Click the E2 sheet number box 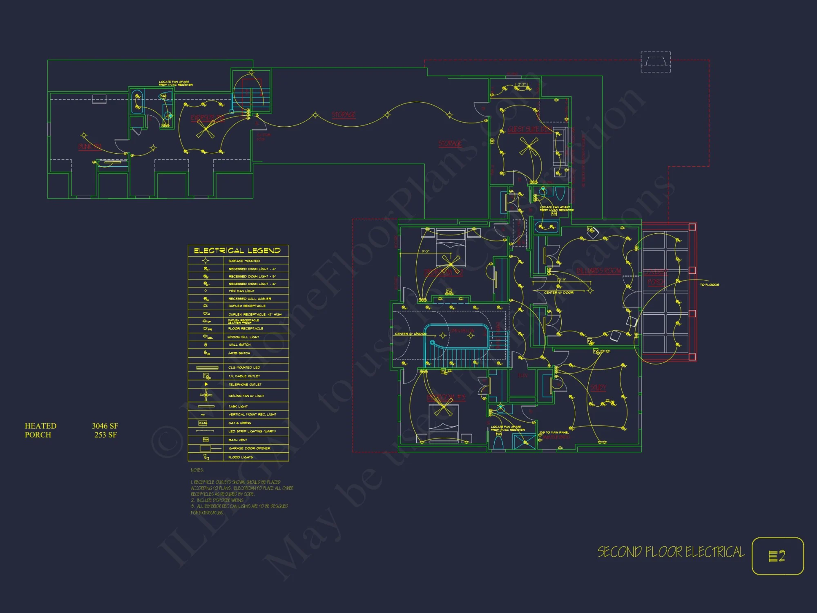pyautogui.click(x=777, y=556)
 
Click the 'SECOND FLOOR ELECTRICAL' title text pyautogui.click(x=671, y=552)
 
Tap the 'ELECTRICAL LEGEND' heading pyautogui.click(x=237, y=251)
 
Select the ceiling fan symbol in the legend pyautogui.click(x=206, y=395)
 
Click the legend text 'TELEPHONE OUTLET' pyautogui.click(x=245, y=385)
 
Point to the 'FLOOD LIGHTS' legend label pyautogui.click(x=241, y=457)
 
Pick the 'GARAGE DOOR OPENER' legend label pyautogui.click(x=250, y=448)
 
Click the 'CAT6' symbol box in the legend pyautogui.click(x=203, y=423)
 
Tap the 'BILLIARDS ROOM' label pyautogui.click(x=598, y=271)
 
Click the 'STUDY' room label pyautogui.click(x=598, y=387)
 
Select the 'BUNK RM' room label pyautogui.click(x=90, y=146)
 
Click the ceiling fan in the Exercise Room pyautogui.click(x=205, y=130)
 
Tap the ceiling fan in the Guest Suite pyautogui.click(x=529, y=146)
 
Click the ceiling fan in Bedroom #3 pyautogui.click(x=443, y=408)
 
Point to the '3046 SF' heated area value pyautogui.click(x=105, y=426)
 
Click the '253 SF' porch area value pyautogui.click(x=106, y=435)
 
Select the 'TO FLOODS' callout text pyautogui.click(x=710, y=284)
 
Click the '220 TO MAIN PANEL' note pyautogui.click(x=554, y=432)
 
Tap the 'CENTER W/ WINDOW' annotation pyautogui.click(x=411, y=334)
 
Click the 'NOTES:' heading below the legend pyautogui.click(x=197, y=470)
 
